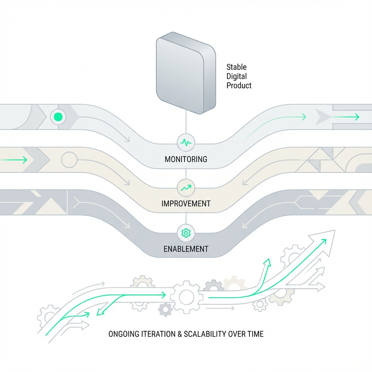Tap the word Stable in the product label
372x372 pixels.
[236, 67]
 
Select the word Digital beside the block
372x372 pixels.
[236, 76]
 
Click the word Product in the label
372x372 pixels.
[239, 85]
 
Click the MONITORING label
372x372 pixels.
[186, 159]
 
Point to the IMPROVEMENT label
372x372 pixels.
[186, 203]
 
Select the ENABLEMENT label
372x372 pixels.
[186, 249]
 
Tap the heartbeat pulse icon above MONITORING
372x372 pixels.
[186, 143]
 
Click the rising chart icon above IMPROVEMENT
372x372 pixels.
[186, 188]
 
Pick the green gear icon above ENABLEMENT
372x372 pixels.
[186, 233]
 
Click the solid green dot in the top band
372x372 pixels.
[58, 117]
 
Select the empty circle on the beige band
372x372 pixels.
[69, 159]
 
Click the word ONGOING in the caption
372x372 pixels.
[123, 334]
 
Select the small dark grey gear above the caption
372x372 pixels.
[165, 309]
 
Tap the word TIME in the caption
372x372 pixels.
[255, 334]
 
